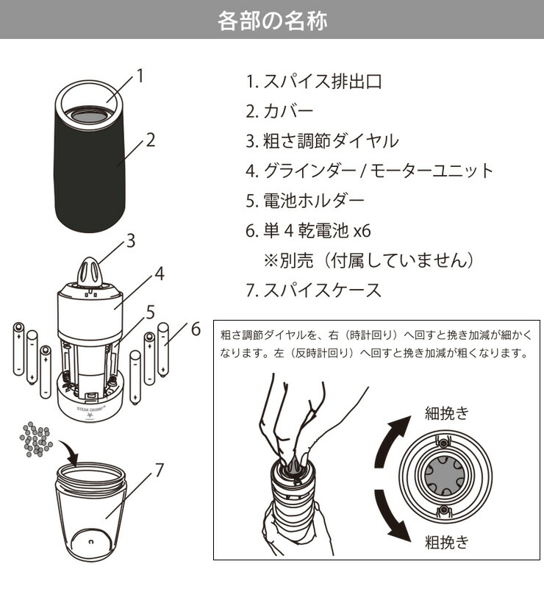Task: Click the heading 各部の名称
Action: (272, 21)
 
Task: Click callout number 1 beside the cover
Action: (140, 76)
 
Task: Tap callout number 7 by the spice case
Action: (160, 470)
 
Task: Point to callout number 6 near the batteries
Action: (196, 329)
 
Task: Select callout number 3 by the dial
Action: (131, 240)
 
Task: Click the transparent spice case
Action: (91, 513)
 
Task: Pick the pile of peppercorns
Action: (36, 439)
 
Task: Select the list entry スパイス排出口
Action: (323, 82)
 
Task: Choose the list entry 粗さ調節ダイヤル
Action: (330, 141)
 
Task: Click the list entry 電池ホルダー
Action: (313, 201)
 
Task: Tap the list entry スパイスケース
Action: (322, 290)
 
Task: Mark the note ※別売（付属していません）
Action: (368, 260)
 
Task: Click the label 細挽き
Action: (447, 413)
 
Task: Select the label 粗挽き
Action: (447, 542)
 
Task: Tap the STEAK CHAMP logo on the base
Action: (91, 410)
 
